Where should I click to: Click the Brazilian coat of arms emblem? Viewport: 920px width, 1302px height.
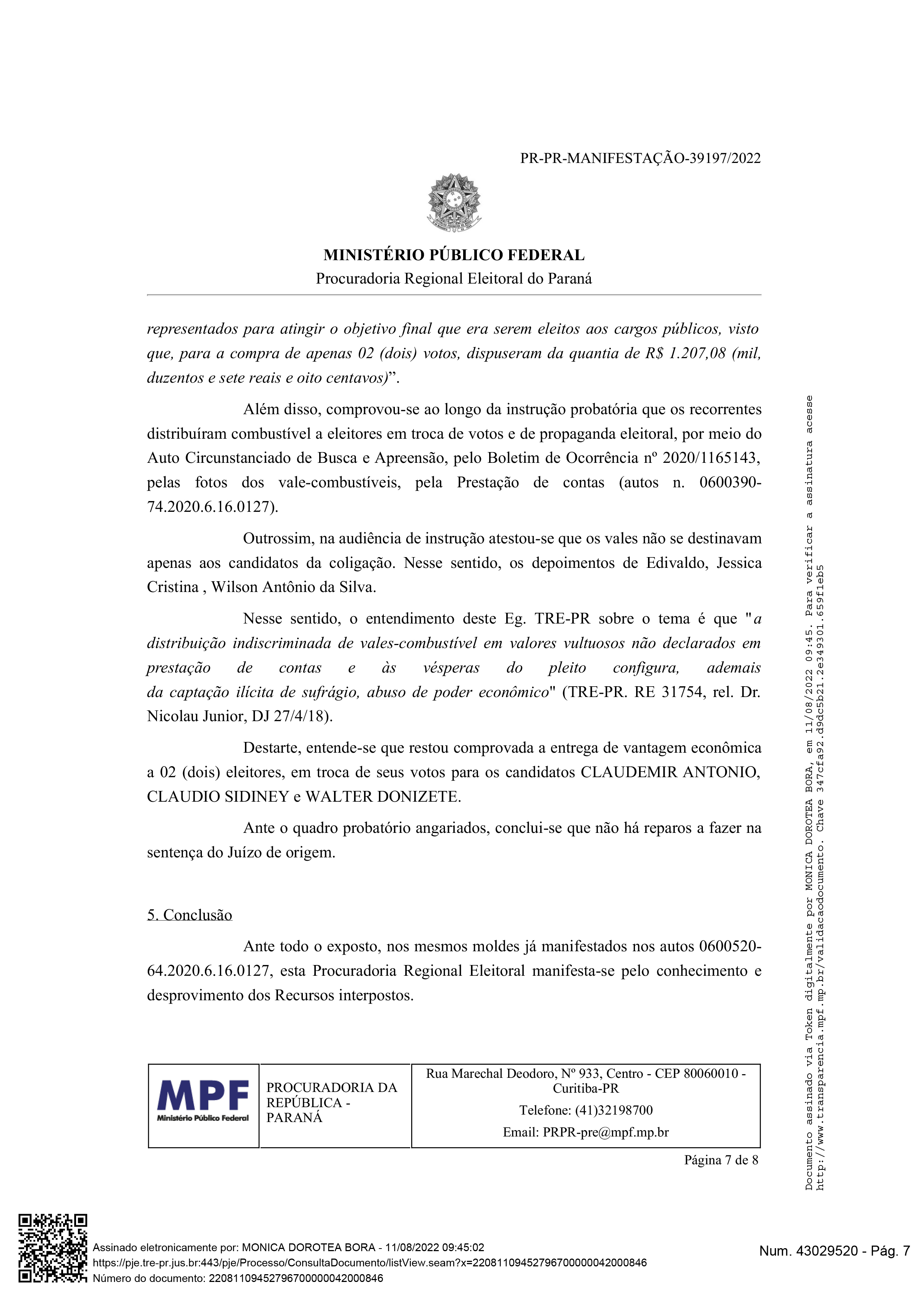click(454, 202)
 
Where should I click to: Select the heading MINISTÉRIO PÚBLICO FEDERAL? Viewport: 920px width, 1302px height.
click(454, 255)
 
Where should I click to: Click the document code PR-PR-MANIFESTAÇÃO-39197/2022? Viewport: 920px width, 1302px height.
click(641, 158)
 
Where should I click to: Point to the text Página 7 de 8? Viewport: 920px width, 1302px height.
click(721, 1160)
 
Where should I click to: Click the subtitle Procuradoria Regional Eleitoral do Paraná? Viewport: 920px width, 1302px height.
click(454, 279)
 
